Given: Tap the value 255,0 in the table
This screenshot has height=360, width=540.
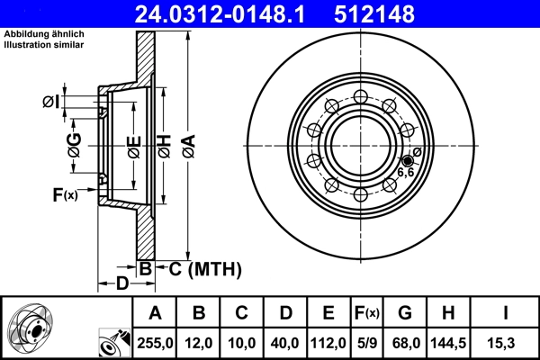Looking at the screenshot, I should (154, 343).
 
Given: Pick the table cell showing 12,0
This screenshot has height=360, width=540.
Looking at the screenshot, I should (199, 343).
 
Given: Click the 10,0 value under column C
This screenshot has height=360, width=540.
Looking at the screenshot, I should (241, 343).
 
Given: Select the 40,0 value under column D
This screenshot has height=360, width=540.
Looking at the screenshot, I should (284, 343).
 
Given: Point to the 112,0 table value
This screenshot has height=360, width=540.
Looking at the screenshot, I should (328, 343).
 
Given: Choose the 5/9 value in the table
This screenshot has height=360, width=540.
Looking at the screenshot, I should (368, 343).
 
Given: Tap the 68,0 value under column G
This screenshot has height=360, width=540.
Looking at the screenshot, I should (405, 343).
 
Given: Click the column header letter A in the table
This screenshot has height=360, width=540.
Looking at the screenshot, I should (154, 313).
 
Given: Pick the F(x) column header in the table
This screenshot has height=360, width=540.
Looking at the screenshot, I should (368, 313).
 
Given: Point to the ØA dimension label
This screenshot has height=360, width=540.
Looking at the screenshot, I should (187, 141).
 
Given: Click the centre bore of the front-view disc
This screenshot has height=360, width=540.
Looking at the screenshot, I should (358, 145).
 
